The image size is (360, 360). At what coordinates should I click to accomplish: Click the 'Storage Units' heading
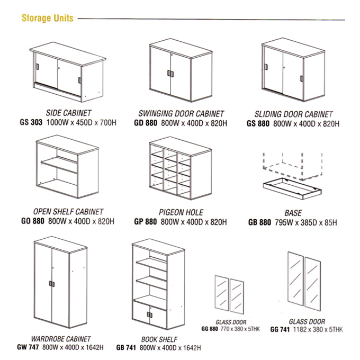point(47,18)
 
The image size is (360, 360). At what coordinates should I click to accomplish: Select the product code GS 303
point(31,122)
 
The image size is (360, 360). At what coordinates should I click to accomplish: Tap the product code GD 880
point(146,123)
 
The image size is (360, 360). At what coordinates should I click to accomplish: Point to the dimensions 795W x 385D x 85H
point(306,222)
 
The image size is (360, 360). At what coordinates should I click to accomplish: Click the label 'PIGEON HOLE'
point(181,212)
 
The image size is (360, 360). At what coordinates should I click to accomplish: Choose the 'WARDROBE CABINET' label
point(61,339)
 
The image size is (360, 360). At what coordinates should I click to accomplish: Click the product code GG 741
point(280,329)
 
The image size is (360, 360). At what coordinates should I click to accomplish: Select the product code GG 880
point(210,329)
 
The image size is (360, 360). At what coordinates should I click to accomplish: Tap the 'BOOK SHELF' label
point(159,339)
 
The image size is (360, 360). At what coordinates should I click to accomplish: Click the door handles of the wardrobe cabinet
point(52,284)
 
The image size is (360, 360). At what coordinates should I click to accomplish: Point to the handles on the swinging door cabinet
point(170,74)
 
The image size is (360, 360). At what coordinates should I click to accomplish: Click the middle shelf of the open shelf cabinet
point(59,164)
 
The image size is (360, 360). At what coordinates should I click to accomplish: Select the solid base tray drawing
point(292,188)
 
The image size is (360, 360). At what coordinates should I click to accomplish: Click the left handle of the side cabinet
point(38,67)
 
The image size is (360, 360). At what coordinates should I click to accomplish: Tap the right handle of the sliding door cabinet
point(301,78)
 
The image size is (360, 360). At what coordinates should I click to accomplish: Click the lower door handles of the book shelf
point(150,315)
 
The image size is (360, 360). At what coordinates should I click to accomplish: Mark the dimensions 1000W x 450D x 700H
point(82,122)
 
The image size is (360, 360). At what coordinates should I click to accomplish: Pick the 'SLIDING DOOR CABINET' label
point(293,114)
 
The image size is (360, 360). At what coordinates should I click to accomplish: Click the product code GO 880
point(33,221)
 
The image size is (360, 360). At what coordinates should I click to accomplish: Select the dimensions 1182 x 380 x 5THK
point(318,330)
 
